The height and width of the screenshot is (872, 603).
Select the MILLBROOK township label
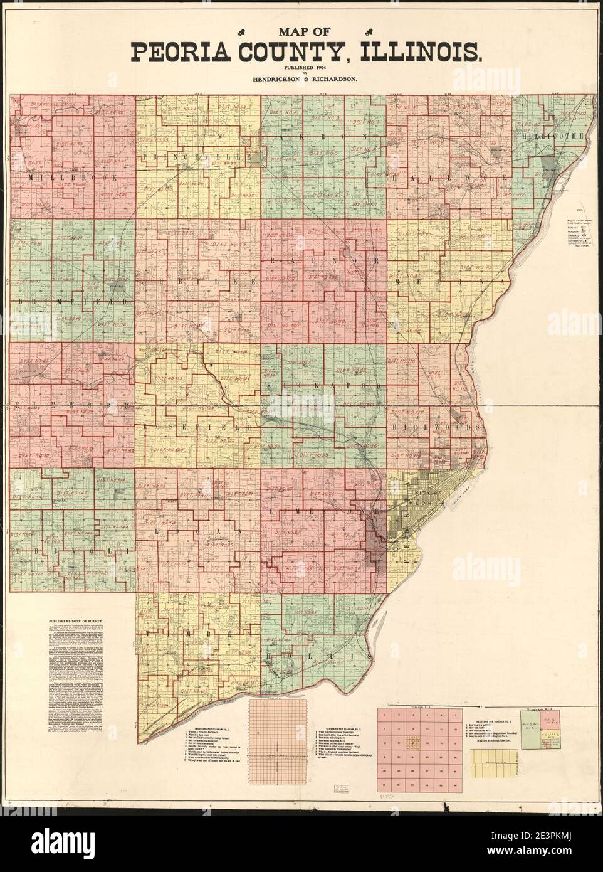(73, 178)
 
